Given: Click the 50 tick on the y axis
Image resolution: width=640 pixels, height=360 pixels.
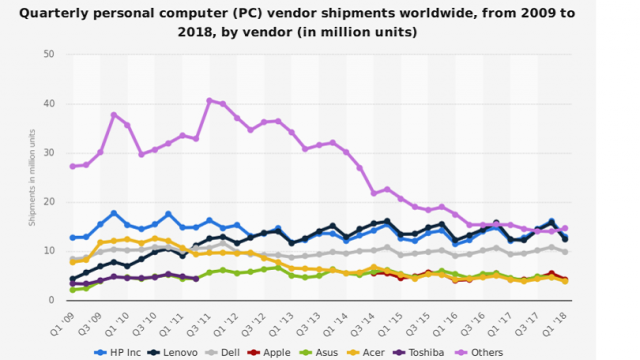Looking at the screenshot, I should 49,54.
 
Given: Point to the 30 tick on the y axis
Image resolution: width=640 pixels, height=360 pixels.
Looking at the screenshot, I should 49,152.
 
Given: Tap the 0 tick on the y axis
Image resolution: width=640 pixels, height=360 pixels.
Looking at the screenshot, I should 52,300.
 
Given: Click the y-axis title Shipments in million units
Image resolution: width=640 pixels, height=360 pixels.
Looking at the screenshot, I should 32,176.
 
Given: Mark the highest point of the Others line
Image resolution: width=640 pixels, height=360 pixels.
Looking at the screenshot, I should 209,100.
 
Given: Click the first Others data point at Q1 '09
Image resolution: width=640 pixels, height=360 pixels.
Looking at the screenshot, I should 73,166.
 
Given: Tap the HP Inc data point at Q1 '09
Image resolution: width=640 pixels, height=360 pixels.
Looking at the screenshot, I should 73,238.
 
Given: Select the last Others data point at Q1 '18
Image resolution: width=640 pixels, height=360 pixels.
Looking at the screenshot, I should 565,228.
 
